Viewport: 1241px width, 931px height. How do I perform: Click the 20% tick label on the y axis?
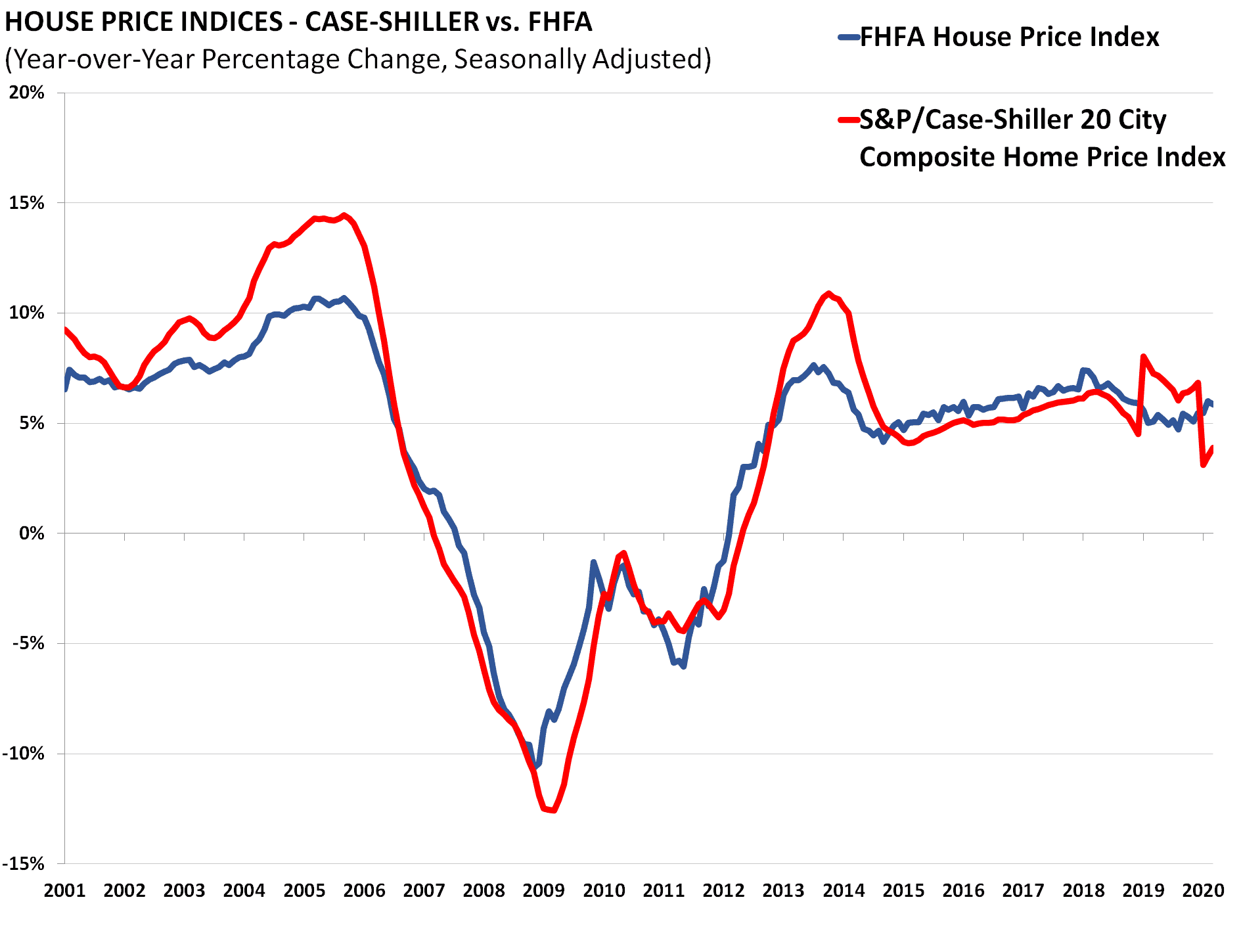pyautogui.click(x=27, y=93)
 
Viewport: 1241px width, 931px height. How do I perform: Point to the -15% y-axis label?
pyautogui.click(x=24, y=864)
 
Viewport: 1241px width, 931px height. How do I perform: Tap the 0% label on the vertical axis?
pyautogui.click(x=31, y=534)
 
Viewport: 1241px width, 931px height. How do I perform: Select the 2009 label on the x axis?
pyautogui.click(x=543, y=891)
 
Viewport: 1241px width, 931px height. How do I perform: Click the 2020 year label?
pyautogui.click(x=1204, y=891)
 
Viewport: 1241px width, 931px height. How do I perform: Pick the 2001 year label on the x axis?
pyautogui.click(x=64, y=891)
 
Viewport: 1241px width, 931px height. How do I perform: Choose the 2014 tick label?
pyautogui.click(x=844, y=891)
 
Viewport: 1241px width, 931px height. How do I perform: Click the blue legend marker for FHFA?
pyautogui.click(x=849, y=38)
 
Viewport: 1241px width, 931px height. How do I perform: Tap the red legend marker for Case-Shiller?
pyautogui.click(x=849, y=120)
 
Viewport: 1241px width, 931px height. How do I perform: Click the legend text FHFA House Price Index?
pyautogui.click(x=1009, y=37)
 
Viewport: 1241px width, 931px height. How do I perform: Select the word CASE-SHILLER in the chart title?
pyautogui.click(x=392, y=22)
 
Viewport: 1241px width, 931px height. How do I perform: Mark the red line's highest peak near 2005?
pyautogui.click(x=344, y=216)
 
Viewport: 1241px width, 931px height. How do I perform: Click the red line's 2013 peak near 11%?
pyautogui.click(x=829, y=293)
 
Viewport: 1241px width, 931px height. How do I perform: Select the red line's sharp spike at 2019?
pyautogui.click(x=1144, y=357)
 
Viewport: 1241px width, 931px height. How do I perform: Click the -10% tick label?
pyautogui.click(x=24, y=754)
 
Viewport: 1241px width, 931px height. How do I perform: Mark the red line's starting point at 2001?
pyautogui.click(x=65, y=329)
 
